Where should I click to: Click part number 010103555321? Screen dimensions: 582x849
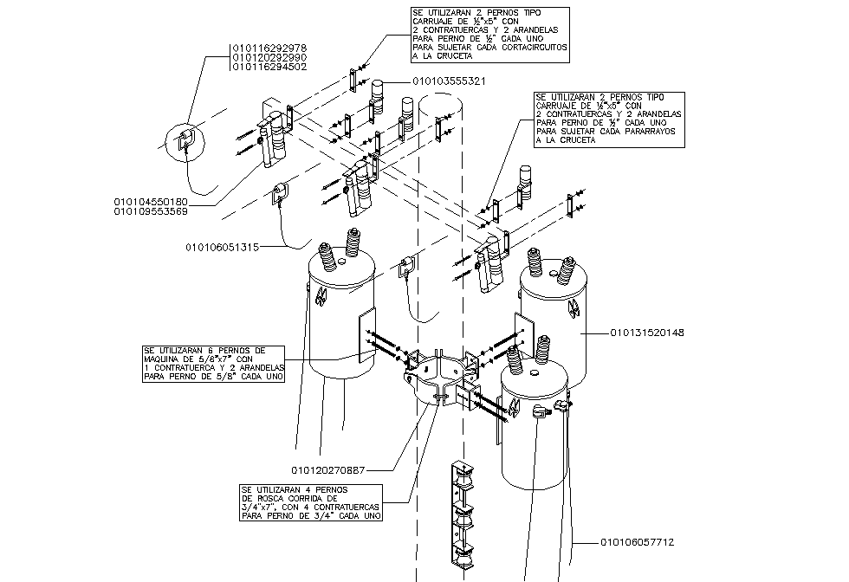coord(448,81)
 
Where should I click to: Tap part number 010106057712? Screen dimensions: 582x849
coord(637,542)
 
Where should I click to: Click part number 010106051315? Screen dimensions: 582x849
coord(221,248)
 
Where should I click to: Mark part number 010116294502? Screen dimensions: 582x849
coord(269,67)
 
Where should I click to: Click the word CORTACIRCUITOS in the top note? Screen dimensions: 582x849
coord(534,48)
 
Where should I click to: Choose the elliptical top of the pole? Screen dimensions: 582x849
coord(442,104)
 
